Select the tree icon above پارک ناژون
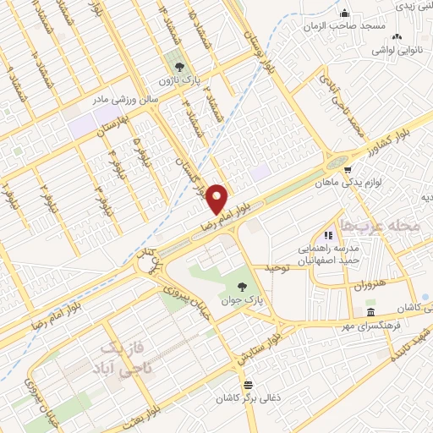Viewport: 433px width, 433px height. point(178,66)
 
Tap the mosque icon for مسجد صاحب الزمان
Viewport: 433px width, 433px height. point(345,14)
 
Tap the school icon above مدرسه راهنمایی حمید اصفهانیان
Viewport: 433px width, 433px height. point(329,235)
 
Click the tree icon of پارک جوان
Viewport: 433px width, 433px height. point(244,288)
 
